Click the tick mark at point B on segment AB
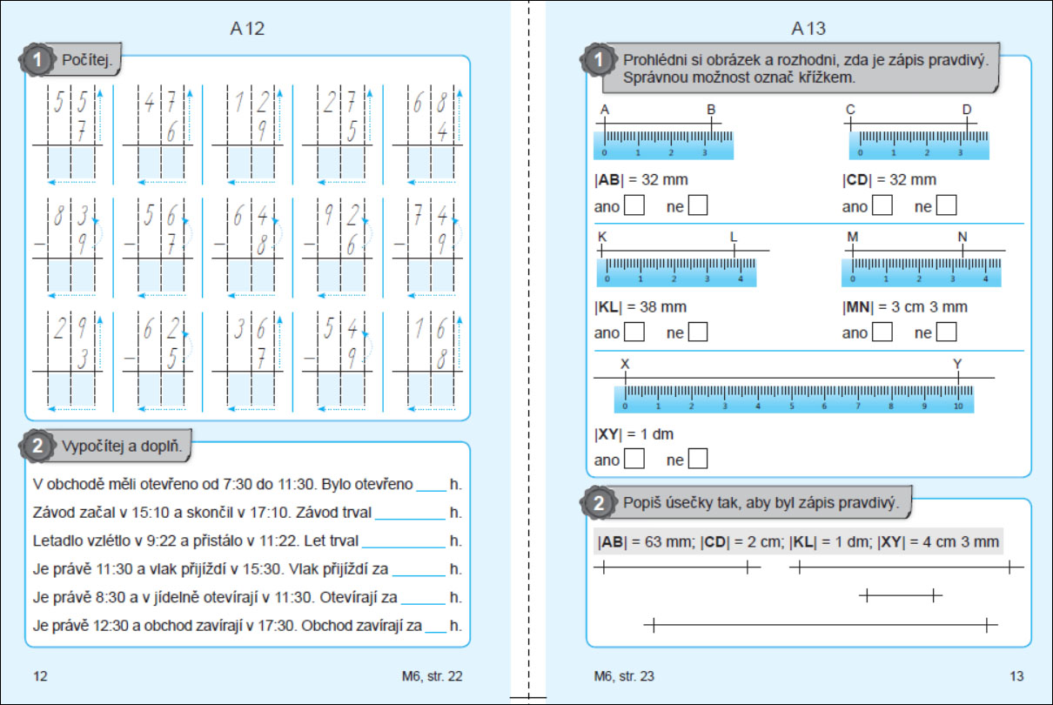click(712, 124)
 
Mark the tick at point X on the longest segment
click(625, 378)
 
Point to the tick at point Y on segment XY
click(958, 378)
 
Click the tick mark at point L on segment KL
click(734, 251)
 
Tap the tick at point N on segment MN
click(962, 251)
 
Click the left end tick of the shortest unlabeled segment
click(867, 595)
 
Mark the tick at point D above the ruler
click(968, 124)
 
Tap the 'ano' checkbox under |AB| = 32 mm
click(634, 205)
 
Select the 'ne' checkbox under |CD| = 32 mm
click(946, 205)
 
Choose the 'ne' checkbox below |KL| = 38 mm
click(698, 332)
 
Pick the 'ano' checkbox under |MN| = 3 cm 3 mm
click(882, 332)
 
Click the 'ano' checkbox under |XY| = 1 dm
click(634, 459)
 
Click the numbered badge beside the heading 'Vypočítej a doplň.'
click(37, 446)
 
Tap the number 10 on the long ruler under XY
click(958, 406)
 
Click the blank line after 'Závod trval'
click(410, 519)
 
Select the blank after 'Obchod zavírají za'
click(436, 632)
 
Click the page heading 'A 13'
click(808, 29)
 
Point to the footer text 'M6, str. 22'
click(432, 676)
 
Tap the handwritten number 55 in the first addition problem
click(70, 102)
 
